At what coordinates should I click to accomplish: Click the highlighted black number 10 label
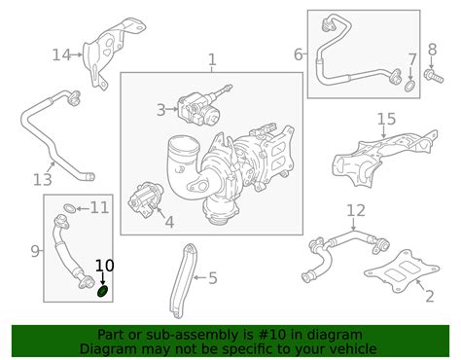pos(104,266)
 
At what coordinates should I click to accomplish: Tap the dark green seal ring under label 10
pos(103,291)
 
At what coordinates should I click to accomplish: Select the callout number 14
pos(61,54)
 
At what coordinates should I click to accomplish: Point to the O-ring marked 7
pos(410,87)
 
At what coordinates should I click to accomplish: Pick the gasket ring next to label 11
pos(70,208)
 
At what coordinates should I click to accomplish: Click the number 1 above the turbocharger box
pos(212,60)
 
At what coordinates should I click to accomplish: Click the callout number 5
pos(213,278)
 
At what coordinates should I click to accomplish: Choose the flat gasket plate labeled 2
pos(402,270)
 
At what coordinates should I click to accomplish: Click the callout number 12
pos(356,210)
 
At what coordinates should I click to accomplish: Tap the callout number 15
pos(386,119)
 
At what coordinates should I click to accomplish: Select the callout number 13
pos(43,179)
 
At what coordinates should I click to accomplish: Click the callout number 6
pos(299,54)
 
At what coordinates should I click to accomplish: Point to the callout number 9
pos(35,251)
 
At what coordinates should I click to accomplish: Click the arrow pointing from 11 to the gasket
pos(83,208)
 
